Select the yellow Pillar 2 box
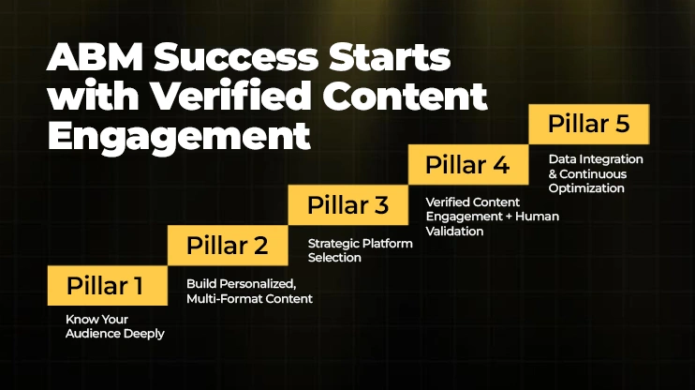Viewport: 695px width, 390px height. coord(228,247)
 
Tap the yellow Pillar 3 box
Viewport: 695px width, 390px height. coord(347,205)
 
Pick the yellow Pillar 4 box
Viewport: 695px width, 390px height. coord(467,165)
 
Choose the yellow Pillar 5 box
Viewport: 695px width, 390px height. coord(588,125)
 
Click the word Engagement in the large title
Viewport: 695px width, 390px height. coord(178,134)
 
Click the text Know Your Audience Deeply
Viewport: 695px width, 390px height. coord(115,327)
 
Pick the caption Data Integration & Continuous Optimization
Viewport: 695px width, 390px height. coord(596,174)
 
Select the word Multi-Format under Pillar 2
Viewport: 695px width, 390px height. coord(224,299)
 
